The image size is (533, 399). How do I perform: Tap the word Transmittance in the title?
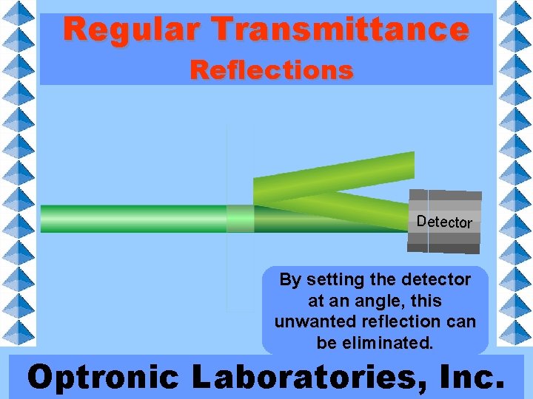click(340, 30)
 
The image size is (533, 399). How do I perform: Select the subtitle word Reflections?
click(271, 70)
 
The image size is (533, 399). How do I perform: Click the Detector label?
click(444, 221)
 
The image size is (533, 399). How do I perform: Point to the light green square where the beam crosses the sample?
click(240, 219)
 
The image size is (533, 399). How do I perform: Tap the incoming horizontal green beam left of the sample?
click(133, 219)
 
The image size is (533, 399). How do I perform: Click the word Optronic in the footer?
click(104, 377)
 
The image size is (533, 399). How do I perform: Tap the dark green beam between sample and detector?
click(326, 222)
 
